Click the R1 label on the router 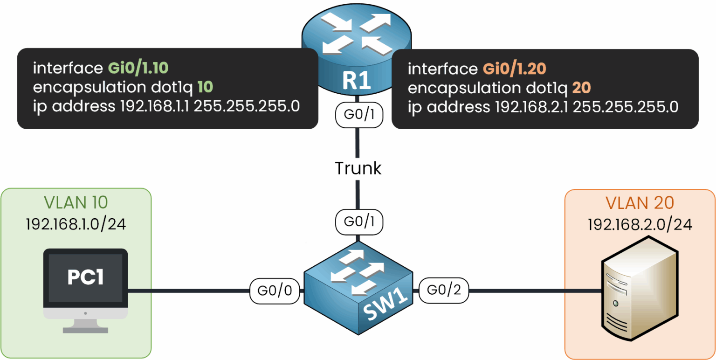(x=357, y=81)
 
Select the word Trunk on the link (x=358, y=168)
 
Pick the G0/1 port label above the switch (x=358, y=222)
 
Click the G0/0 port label (x=274, y=291)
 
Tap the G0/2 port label (x=444, y=291)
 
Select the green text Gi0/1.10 (x=138, y=69)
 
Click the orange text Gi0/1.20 (x=514, y=69)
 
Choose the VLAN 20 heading (x=640, y=203)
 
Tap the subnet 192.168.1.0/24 (x=76, y=225)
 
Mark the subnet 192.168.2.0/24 (x=640, y=225)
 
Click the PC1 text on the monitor (x=85, y=277)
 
